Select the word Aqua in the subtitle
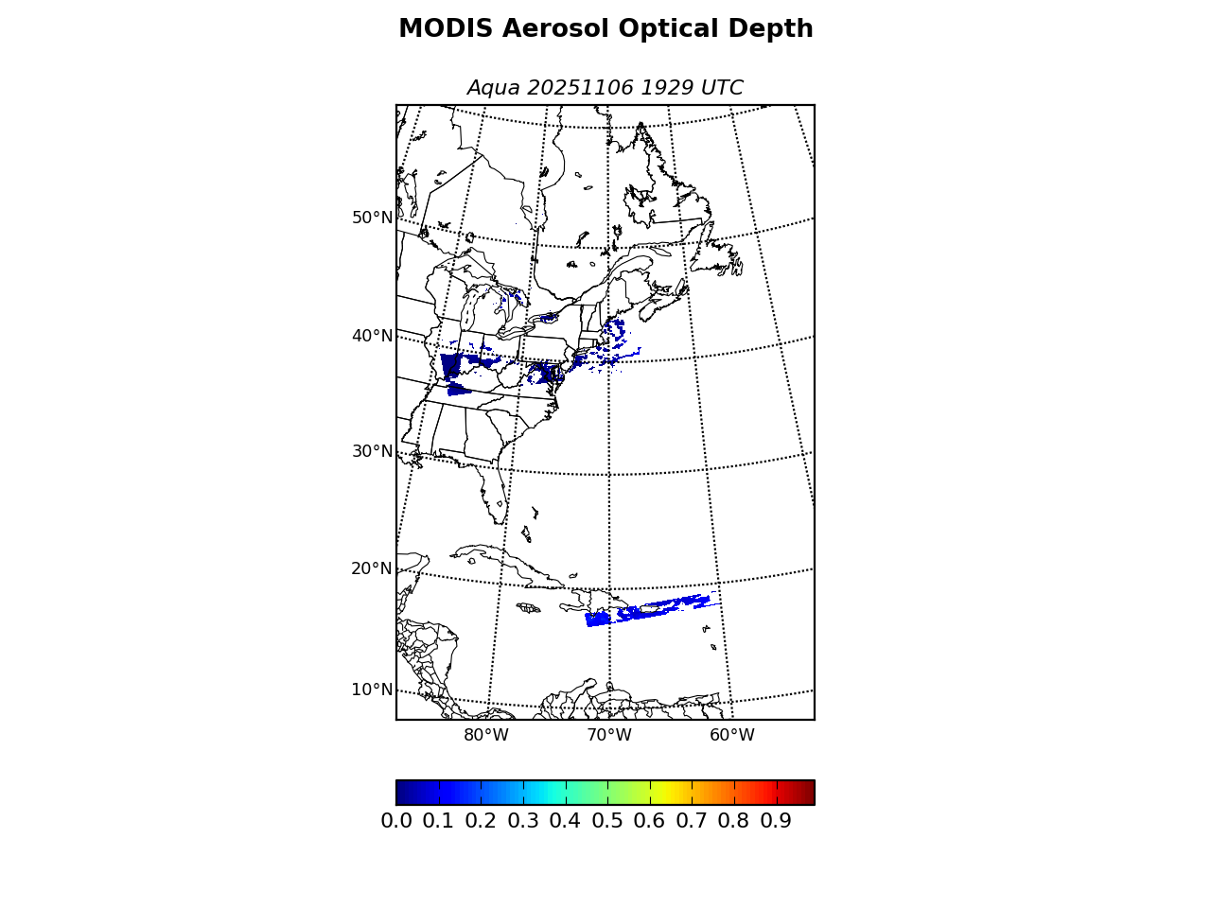tap(493, 88)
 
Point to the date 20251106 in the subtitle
tap(579, 88)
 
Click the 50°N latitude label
tap(372, 218)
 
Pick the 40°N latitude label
tap(372, 336)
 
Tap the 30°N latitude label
tap(372, 451)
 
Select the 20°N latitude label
tap(372, 568)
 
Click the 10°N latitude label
tap(372, 690)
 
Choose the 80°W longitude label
tap(486, 736)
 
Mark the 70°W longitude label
tap(609, 736)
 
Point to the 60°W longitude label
tap(732, 736)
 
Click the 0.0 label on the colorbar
tap(396, 821)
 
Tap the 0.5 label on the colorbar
tap(607, 821)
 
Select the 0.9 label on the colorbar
tap(776, 821)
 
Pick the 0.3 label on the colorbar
tap(523, 821)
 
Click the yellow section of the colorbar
tap(662, 793)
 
